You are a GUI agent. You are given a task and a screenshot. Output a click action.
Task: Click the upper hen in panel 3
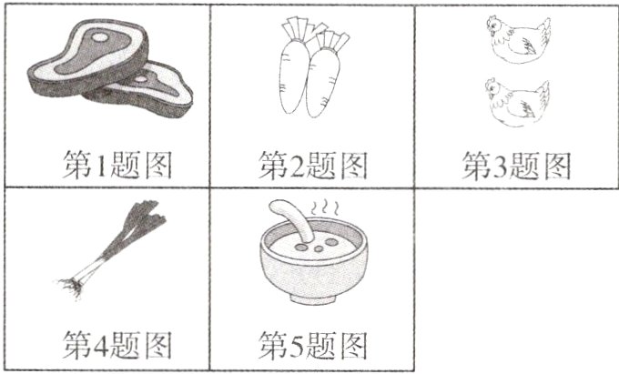516,41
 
